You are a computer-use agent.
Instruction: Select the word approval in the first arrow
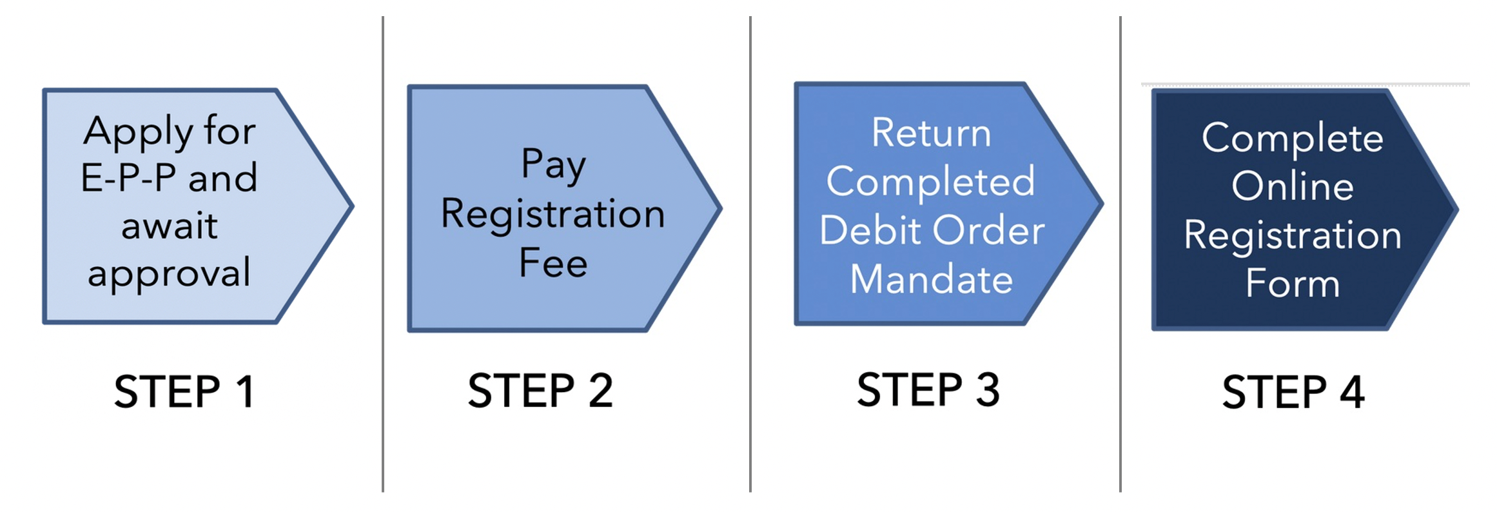coord(169,274)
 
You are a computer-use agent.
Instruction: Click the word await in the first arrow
coord(170,226)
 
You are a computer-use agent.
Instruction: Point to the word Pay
coord(553,164)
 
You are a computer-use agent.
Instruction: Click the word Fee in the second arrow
coord(553,263)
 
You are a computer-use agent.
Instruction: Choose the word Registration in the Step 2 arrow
coord(553,213)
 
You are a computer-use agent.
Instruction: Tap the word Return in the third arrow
coord(931,133)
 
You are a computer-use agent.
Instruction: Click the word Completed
coord(931,182)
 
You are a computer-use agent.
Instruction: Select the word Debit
coord(870,230)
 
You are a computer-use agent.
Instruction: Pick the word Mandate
coord(931,279)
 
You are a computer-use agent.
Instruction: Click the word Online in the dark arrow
coord(1292,186)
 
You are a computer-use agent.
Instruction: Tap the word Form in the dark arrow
coord(1292,284)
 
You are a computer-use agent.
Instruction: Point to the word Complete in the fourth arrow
coord(1292,138)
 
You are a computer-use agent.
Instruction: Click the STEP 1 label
coord(184,391)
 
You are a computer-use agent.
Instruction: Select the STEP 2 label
coord(540,390)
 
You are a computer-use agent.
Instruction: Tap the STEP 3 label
coord(928,389)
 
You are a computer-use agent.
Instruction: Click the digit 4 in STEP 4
coord(1352,392)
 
